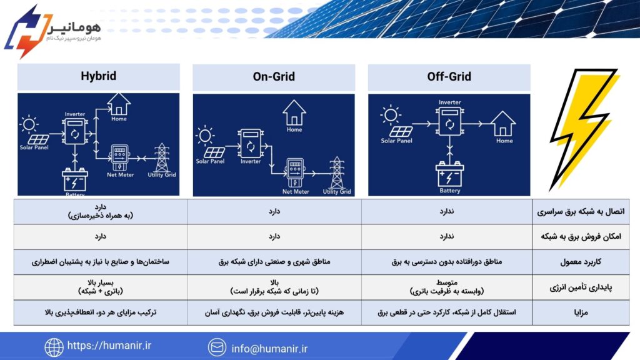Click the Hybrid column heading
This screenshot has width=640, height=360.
click(98, 76)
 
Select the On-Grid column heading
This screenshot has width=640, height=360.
click(273, 77)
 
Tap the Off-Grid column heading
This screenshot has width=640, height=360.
click(449, 77)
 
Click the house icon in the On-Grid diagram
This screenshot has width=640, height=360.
click(294, 114)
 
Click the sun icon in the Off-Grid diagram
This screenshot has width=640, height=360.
click(391, 115)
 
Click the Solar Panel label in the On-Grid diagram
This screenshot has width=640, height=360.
click(210, 161)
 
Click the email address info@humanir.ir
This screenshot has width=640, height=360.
click(269, 348)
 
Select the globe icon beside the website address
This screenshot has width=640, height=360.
click(54, 347)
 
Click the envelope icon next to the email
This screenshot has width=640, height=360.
click(217, 347)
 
